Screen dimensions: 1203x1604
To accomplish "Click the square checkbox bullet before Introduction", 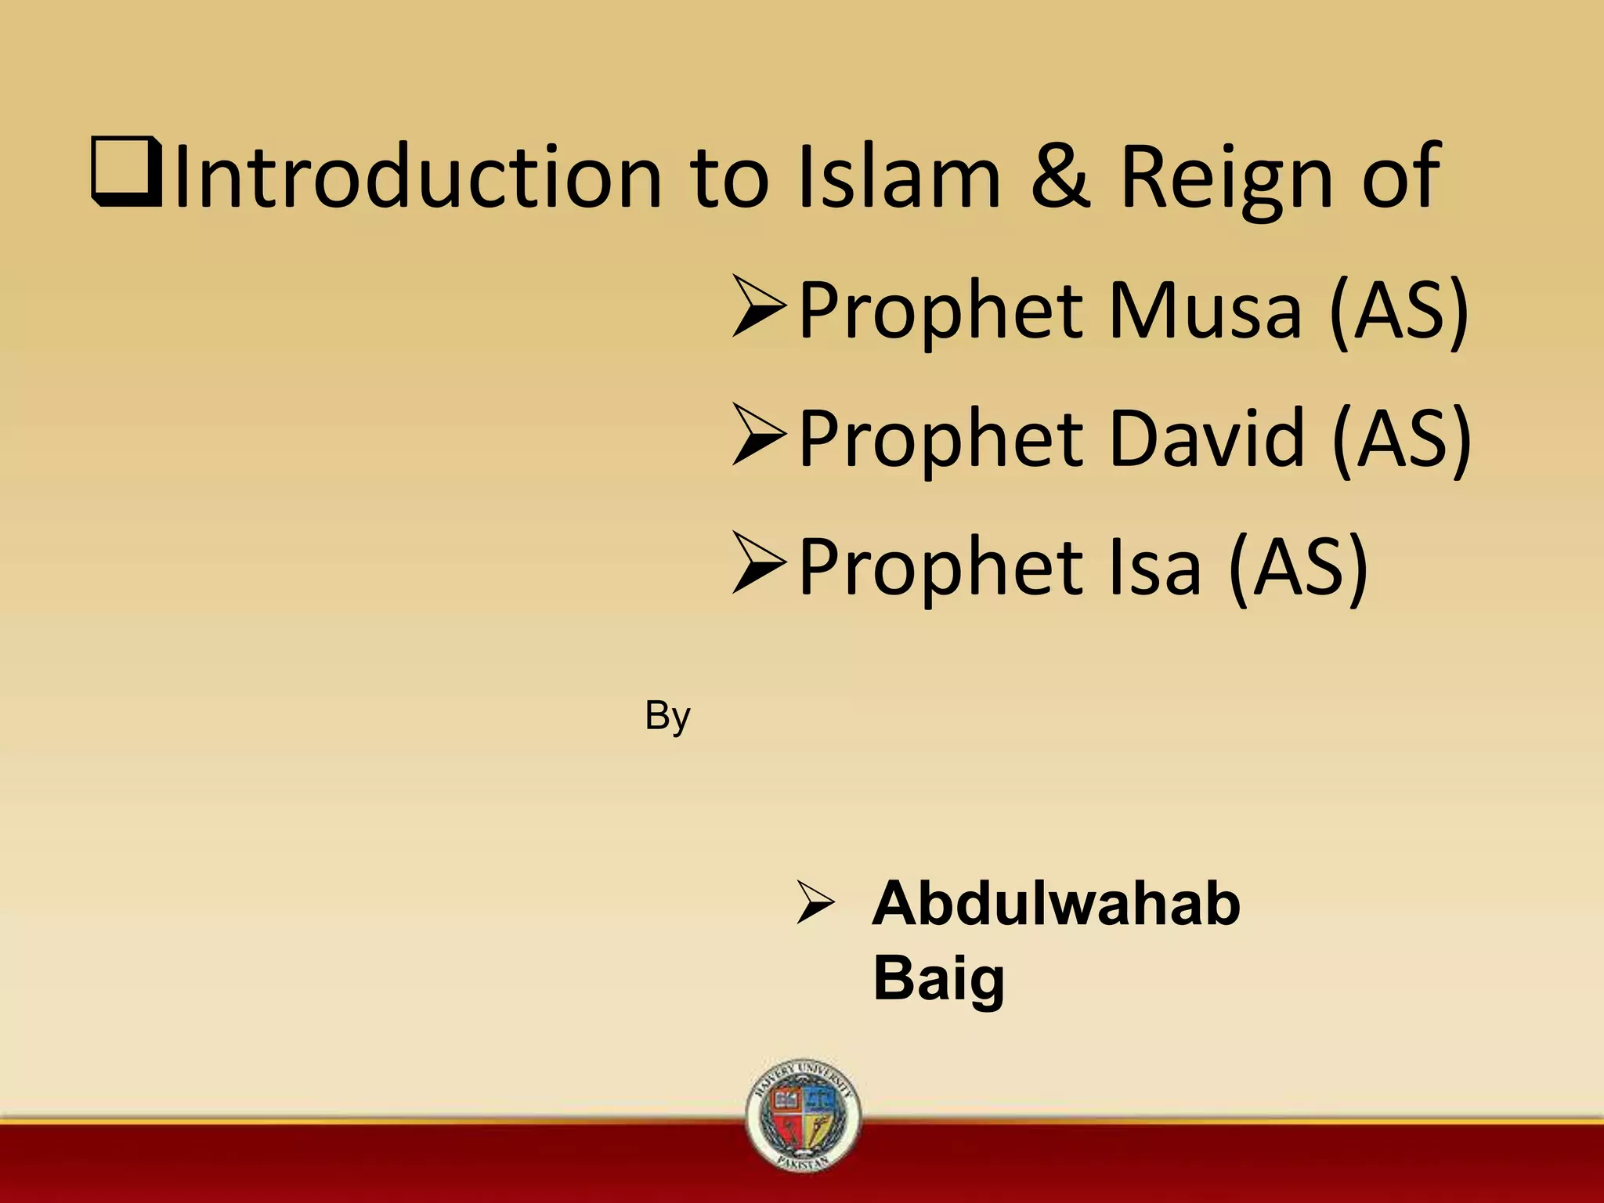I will (x=126, y=171).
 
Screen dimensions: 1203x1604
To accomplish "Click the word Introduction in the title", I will (x=418, y=176).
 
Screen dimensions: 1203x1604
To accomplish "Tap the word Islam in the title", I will (x=898, y=176).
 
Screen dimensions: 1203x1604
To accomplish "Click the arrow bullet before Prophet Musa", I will (x=758, y=306).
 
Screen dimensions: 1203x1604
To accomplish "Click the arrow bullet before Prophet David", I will (x=758, y=435).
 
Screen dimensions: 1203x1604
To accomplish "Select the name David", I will (x=1207, y=438).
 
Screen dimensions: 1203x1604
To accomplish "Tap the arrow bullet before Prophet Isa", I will (x=758, y=563).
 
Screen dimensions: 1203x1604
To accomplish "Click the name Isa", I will (x=1155, y=566).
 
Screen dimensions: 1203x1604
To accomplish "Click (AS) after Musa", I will (x=1399, y=310).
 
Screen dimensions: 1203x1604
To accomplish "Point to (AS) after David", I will (x=1401, y=438).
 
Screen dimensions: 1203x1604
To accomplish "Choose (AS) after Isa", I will (x=1299, y=566).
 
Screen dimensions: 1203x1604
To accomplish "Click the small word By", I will (x=667, y=717).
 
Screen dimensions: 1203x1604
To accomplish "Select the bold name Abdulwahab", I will (x=1056, y=904).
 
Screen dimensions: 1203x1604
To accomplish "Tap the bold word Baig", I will (x=938, y=978).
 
